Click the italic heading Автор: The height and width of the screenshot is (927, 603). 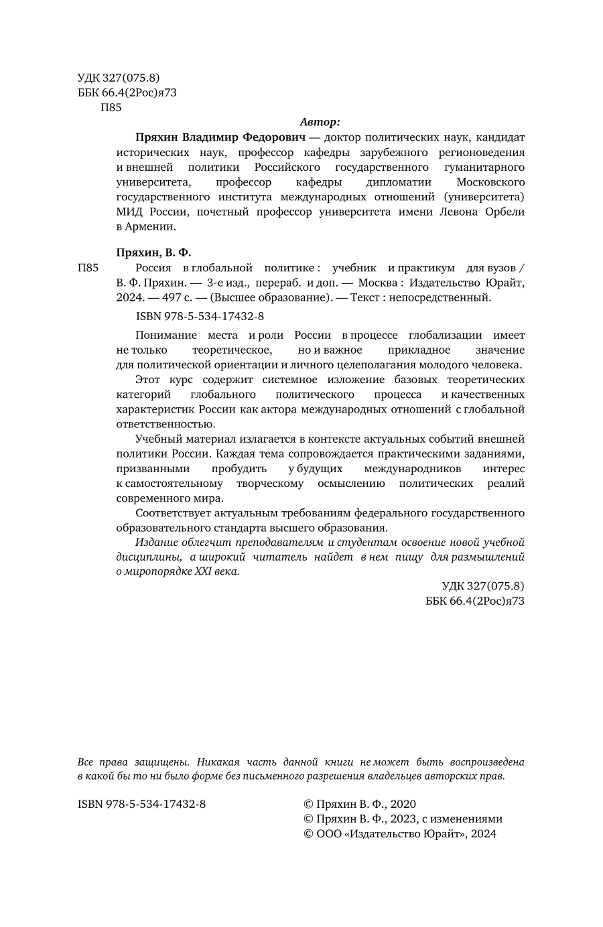(x=320, y=122)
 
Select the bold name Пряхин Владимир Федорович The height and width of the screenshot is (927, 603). (x=220, y=137)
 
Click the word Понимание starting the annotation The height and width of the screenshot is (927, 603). (x=165, y=335)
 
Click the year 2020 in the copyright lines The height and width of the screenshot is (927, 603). (x=403, y=804)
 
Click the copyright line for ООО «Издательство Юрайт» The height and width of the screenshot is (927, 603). (x=400, y=833)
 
